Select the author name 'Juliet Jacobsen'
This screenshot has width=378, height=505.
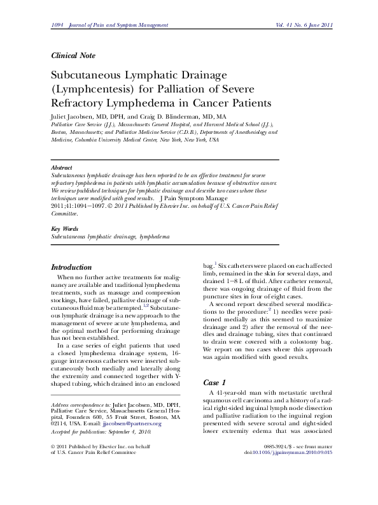point(73,117)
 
